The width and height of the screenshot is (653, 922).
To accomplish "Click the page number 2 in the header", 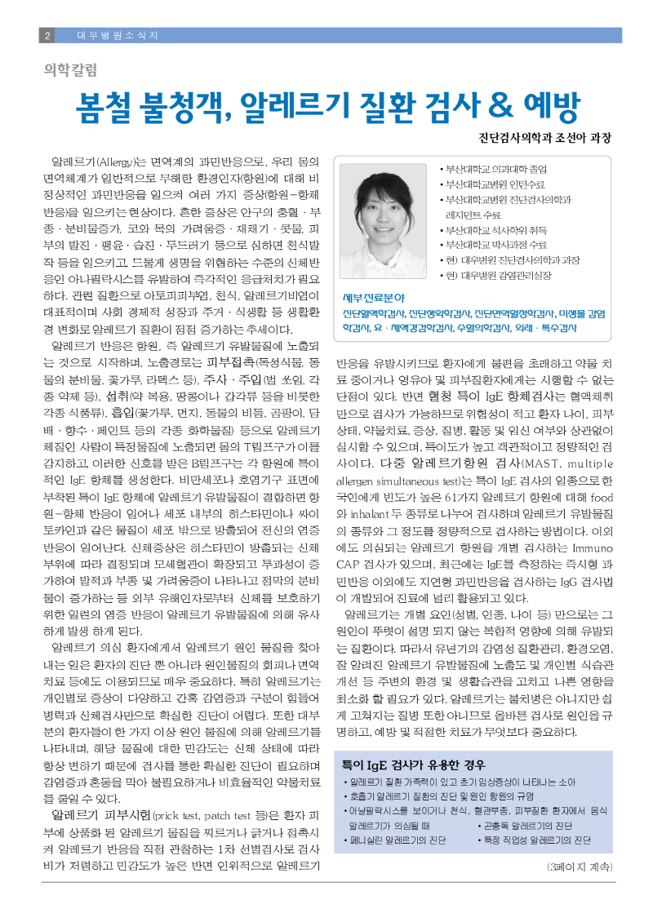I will (x=48, y=36).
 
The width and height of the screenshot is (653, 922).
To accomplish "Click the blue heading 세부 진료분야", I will (x=374, y=298).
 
